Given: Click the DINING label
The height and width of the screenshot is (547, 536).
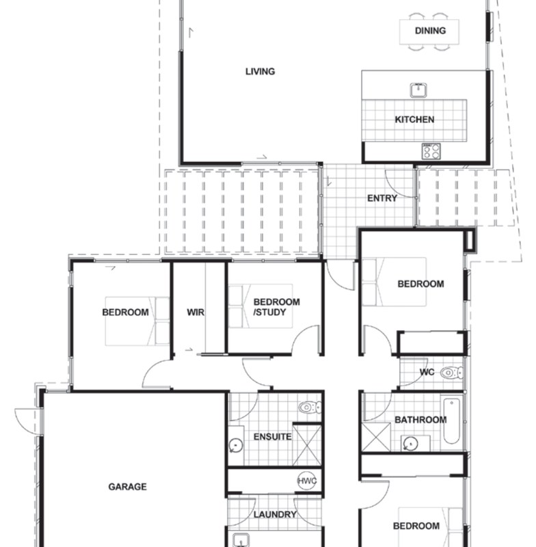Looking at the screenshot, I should [x=430, y=30].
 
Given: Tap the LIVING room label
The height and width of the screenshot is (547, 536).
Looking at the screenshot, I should [x=260, y=71].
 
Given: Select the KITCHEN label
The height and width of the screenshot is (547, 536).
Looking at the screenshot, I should [x=414, y=120].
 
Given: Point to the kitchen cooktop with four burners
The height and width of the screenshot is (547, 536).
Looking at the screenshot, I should [x=431, y=151].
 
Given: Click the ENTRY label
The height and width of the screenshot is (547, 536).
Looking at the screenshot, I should [x=382, y=198].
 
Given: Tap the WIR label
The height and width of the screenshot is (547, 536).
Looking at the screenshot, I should [x=196, y=312].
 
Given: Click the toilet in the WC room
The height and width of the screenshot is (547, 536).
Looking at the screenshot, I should [x=450, y=373].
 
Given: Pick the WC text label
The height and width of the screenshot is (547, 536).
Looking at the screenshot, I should [x=427, y=373].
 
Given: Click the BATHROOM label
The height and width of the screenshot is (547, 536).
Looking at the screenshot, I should [x=420, y=420].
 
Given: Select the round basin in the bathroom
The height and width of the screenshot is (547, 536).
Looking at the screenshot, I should [x=409, y=442].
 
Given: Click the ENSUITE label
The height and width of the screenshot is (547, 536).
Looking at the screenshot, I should [x=273, y=436].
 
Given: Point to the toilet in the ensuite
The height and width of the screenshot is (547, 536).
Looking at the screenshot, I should [x=309, y=408].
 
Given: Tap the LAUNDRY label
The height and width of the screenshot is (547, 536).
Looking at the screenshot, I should [x=275, y=514].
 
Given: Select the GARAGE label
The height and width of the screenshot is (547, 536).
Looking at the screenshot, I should [x=127, y=487].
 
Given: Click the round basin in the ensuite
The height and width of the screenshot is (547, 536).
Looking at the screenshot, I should [x=235, y=445].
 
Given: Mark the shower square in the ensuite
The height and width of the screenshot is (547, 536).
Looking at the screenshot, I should [x=306, y=445].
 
